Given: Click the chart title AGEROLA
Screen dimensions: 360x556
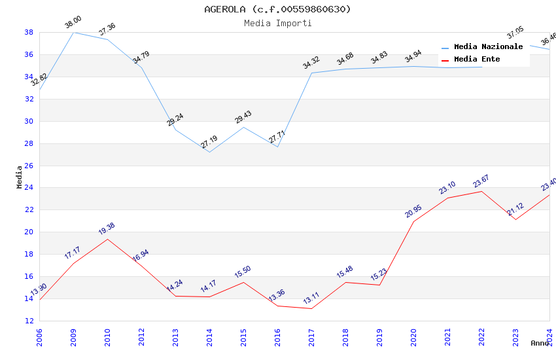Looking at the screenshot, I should tap(277, 9).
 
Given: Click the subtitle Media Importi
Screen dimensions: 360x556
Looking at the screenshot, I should tap(277, 23).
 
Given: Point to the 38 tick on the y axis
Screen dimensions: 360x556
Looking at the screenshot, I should tap(29, 32).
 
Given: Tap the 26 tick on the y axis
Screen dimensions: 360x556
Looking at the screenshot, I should tap(29, 166).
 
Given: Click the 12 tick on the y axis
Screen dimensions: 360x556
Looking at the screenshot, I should tap(29, 321).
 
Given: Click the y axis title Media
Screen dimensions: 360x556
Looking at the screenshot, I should tap(20, 177).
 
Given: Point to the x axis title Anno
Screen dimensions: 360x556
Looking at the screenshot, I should tap(540, 343).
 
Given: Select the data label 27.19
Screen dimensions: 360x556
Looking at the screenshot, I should tap(209, 142).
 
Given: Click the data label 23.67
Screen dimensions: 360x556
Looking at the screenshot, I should tap(481, 181).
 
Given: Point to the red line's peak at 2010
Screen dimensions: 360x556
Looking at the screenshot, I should tap(107, 239).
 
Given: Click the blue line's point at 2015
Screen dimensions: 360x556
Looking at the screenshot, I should tap(243, 127).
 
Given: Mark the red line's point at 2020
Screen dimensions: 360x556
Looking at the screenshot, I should tap(413, 221).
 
